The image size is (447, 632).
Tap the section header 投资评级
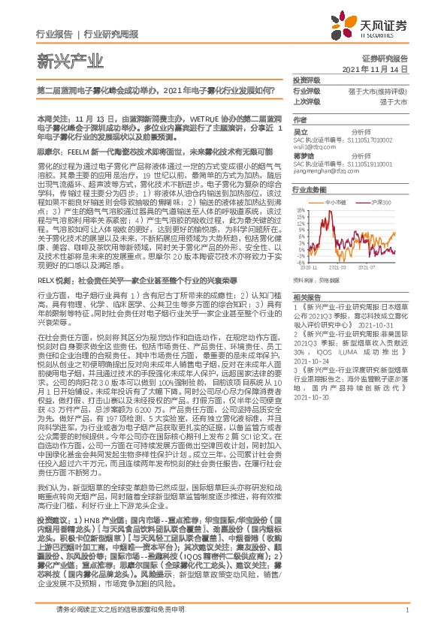click(305, 80)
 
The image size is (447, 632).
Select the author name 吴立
click(299, 131)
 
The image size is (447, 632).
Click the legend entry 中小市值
click(337, 203)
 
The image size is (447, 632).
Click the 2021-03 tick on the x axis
click(337, 287)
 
